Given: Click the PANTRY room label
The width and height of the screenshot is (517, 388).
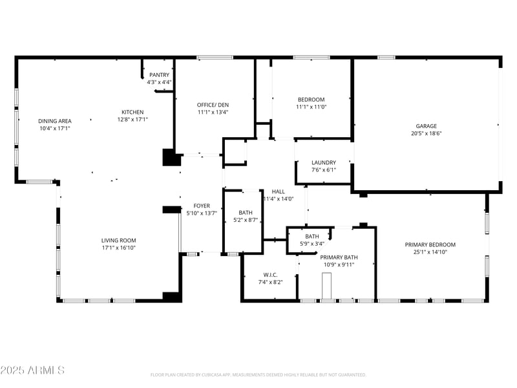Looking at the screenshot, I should coord(159,75).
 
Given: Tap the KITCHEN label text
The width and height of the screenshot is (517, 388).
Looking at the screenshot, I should coord(133,112).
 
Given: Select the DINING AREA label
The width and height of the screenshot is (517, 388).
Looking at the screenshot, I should coord(55,121).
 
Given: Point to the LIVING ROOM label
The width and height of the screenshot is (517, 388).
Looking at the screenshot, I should coord(118,239).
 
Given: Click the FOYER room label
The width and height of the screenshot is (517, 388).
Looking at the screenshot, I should coord(202,206).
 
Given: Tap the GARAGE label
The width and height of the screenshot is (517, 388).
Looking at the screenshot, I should coord(426,126).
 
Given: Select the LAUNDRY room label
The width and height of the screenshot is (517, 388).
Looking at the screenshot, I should coord(324,162).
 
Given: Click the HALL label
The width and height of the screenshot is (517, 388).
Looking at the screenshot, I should coord(279,191).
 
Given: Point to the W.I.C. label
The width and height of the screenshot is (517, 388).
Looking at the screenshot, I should coord(270,274).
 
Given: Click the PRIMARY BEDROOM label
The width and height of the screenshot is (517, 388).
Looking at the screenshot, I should coord(430,244).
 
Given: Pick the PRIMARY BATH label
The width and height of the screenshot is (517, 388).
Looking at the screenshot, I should coord(339,257).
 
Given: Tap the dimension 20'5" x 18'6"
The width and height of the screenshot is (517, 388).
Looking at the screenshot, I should coord(426,134).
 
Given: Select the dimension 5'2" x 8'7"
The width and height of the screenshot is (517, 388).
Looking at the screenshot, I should coord(246,220).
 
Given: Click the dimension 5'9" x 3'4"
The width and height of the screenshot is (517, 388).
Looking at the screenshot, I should coord(312,244).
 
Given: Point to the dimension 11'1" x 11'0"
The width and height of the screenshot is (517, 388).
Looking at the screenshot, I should coord(311,107).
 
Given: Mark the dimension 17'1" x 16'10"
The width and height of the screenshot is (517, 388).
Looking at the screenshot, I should coord(118,247).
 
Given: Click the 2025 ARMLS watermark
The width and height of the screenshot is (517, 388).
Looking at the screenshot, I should coord(32,371).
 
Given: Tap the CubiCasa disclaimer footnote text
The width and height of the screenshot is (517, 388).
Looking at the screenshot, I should coord(258,374).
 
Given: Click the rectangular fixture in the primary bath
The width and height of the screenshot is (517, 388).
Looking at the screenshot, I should coord(328,285).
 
